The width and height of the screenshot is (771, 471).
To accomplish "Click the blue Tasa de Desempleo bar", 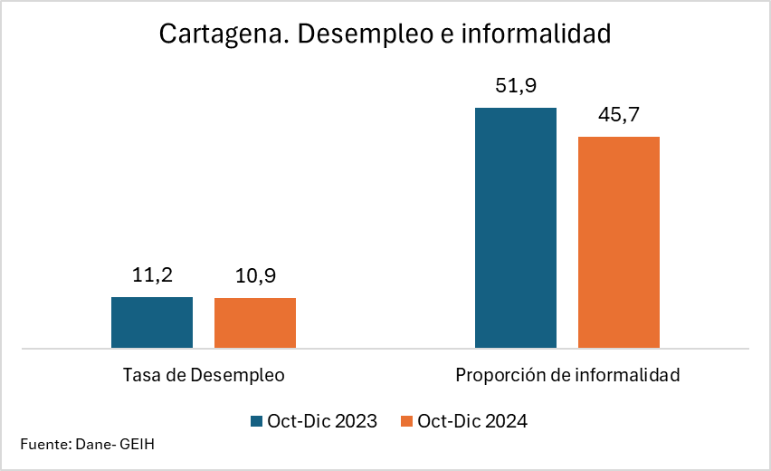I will (x=152, y=322).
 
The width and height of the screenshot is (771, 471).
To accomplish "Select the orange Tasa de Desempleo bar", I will (x=255, y=323).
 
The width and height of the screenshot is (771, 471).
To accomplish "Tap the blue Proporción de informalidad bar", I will (x=516, y=227).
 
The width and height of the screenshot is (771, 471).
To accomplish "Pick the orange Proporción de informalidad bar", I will (x=619, y=242).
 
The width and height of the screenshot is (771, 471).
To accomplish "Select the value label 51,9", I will (x=516, y=87).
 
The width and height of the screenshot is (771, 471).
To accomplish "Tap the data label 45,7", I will (x=619, y=116).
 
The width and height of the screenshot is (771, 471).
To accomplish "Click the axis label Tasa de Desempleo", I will (x=204, y=375).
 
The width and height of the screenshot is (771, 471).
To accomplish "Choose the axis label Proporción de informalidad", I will (x=567, y=375).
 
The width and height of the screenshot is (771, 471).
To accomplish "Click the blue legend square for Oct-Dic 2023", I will (x=257, y=421).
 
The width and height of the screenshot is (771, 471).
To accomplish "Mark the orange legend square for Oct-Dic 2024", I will (x=407, y=421).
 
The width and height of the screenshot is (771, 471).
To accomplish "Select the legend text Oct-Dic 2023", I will (x=322, y=421).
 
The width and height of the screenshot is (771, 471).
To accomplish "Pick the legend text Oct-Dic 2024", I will (x=472, y=421).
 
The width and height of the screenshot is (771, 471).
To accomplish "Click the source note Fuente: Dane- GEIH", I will (x=81, y=445).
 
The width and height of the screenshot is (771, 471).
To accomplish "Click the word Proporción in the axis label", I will (x=492, y=375).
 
